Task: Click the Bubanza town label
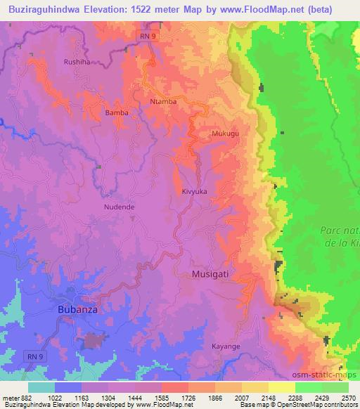78,309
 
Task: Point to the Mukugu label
225,132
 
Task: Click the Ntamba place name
163,101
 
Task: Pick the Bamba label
116,112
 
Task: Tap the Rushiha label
77,61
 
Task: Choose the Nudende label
119,207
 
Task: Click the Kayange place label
226,346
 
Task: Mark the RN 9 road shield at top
146,34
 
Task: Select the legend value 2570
348,398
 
